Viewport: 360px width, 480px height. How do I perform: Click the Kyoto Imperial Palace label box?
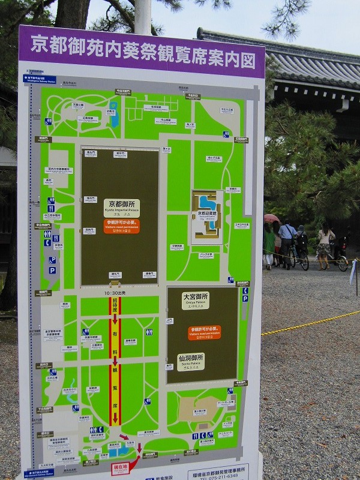tap(121, 207)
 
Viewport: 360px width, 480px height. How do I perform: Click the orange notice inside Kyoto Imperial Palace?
tap(121, 226)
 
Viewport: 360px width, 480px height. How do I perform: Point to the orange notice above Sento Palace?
tap(204, 332)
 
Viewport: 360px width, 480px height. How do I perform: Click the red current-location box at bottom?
tap(119, 467)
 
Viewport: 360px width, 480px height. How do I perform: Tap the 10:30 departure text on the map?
tap(115, 292)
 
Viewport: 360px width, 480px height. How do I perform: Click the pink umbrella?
tap(271, 218)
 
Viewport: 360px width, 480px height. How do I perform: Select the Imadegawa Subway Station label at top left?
tap(39, 79)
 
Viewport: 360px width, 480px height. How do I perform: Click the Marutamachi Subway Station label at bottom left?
tap(38, 473)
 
